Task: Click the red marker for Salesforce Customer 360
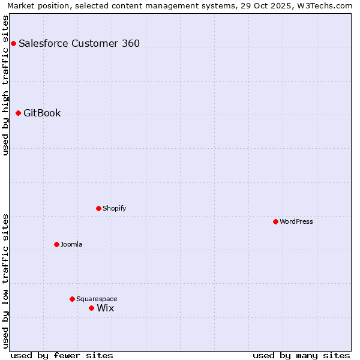click(x=13, y=43)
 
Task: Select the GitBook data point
click(x=18, y=113)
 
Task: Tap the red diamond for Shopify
click(x=98, y=208)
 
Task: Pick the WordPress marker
click(x=275, y=221)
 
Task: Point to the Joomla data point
click(x=56, y=244)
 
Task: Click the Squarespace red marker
click(x=72, y=299)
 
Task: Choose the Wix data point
click(x=91, y=308)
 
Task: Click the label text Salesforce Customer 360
click(x=79, y=43)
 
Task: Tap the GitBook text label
click(x=42, y=113)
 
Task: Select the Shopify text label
click(x=114, y=209)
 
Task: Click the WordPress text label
click(x=296, y=222)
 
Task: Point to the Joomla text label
click(x=71, y=245)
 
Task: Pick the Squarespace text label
click(x=97, y=299)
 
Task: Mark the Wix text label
click(x=106, y=308)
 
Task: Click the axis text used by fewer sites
click(x=62, y=355)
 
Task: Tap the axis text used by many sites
click(x=301, y=355)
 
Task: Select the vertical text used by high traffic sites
click(x=5, y=85)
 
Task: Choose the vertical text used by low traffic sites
click(x=5, y=281)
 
